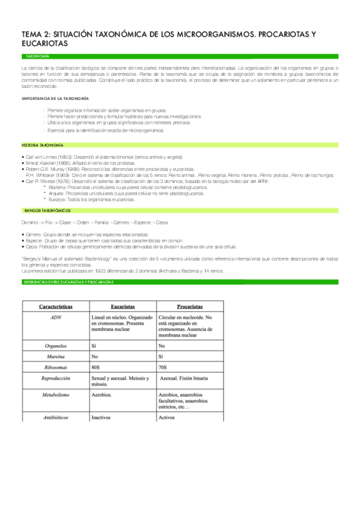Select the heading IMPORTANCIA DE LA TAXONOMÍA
tap(55, 97)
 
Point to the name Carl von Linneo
tap(44, 156)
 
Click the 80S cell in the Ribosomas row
tap(96, 367)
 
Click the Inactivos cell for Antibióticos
tap(102, 416)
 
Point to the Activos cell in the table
tap(166, 416)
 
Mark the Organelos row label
tap(55, 346)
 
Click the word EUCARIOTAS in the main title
tap(42, 43)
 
